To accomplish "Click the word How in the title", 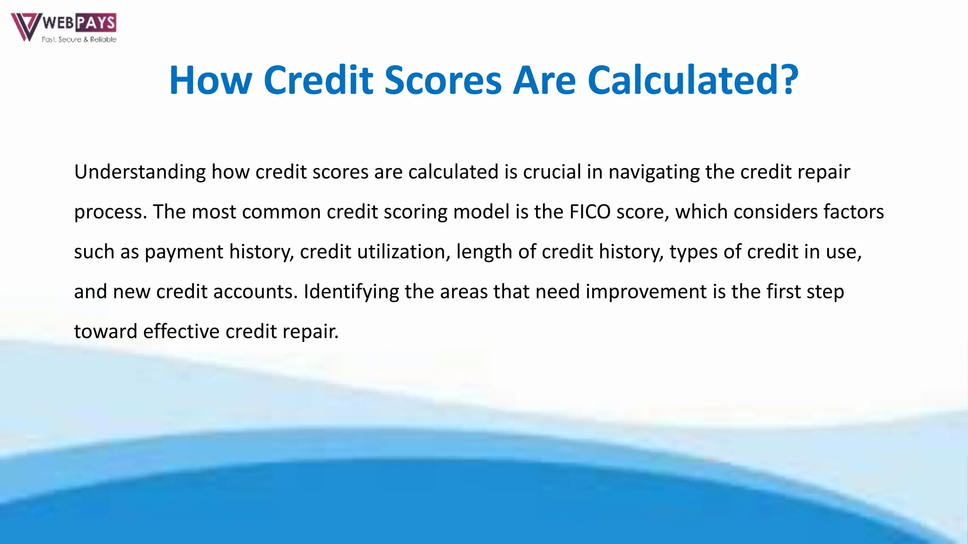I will click(x=210, y=80).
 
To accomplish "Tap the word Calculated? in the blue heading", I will click(x=693, y=80).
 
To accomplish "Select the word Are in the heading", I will click(x=544, y=80).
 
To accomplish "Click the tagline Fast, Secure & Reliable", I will click(x=79, y=40).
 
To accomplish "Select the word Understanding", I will click(x=140, y=172).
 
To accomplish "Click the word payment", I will click(x=184, y=252).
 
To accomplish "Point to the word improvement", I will click(x=646, y=292).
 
